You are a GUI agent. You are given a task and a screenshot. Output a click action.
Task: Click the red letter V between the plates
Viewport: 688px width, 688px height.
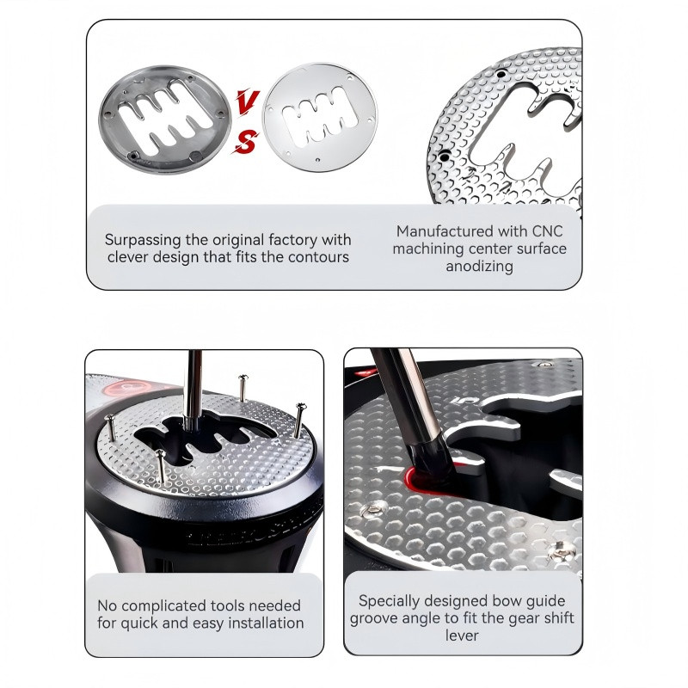coord(248,101)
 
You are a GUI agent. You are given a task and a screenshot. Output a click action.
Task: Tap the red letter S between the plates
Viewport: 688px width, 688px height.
coord(245,143)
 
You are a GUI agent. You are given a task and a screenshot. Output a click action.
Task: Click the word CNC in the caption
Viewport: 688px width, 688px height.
coord(547,231)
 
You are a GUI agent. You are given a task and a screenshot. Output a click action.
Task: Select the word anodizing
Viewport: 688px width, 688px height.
coord(480,267)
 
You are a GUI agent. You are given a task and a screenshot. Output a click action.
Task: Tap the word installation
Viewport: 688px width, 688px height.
coord(267,623)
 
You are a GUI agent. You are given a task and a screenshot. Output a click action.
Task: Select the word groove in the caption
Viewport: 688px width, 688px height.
coord(374,618)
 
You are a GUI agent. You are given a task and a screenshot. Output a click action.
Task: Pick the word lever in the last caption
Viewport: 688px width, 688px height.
coord(462,636)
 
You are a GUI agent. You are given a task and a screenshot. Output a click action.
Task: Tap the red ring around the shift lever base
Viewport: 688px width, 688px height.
coord(421,479)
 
